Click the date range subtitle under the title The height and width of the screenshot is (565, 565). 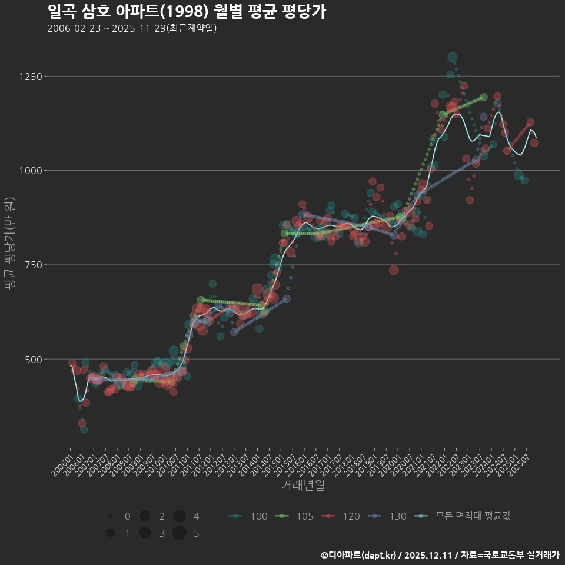click(x=132, y=28)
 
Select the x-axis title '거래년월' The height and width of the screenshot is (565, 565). click(x=303, y=485)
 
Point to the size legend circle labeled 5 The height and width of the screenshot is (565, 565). click(x=180, y=533)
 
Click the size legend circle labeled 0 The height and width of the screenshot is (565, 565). click(x=110, y=516)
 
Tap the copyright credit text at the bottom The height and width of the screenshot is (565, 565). click(x=440, y=555)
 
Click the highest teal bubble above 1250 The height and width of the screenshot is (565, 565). click(x=452, y=57)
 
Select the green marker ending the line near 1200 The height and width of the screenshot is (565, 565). click(x=484, y=97)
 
